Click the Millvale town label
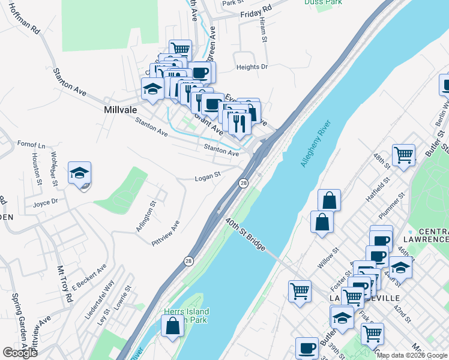pos(121,110)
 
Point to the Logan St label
pos(208,176)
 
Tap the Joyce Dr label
pos(46,203)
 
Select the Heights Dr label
pos(252,67)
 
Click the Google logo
pos(20,353)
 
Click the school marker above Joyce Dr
pos(79,173)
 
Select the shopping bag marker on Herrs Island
pos(173,327)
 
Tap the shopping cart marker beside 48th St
pos(404,155)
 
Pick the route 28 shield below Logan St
pos(244,183)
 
